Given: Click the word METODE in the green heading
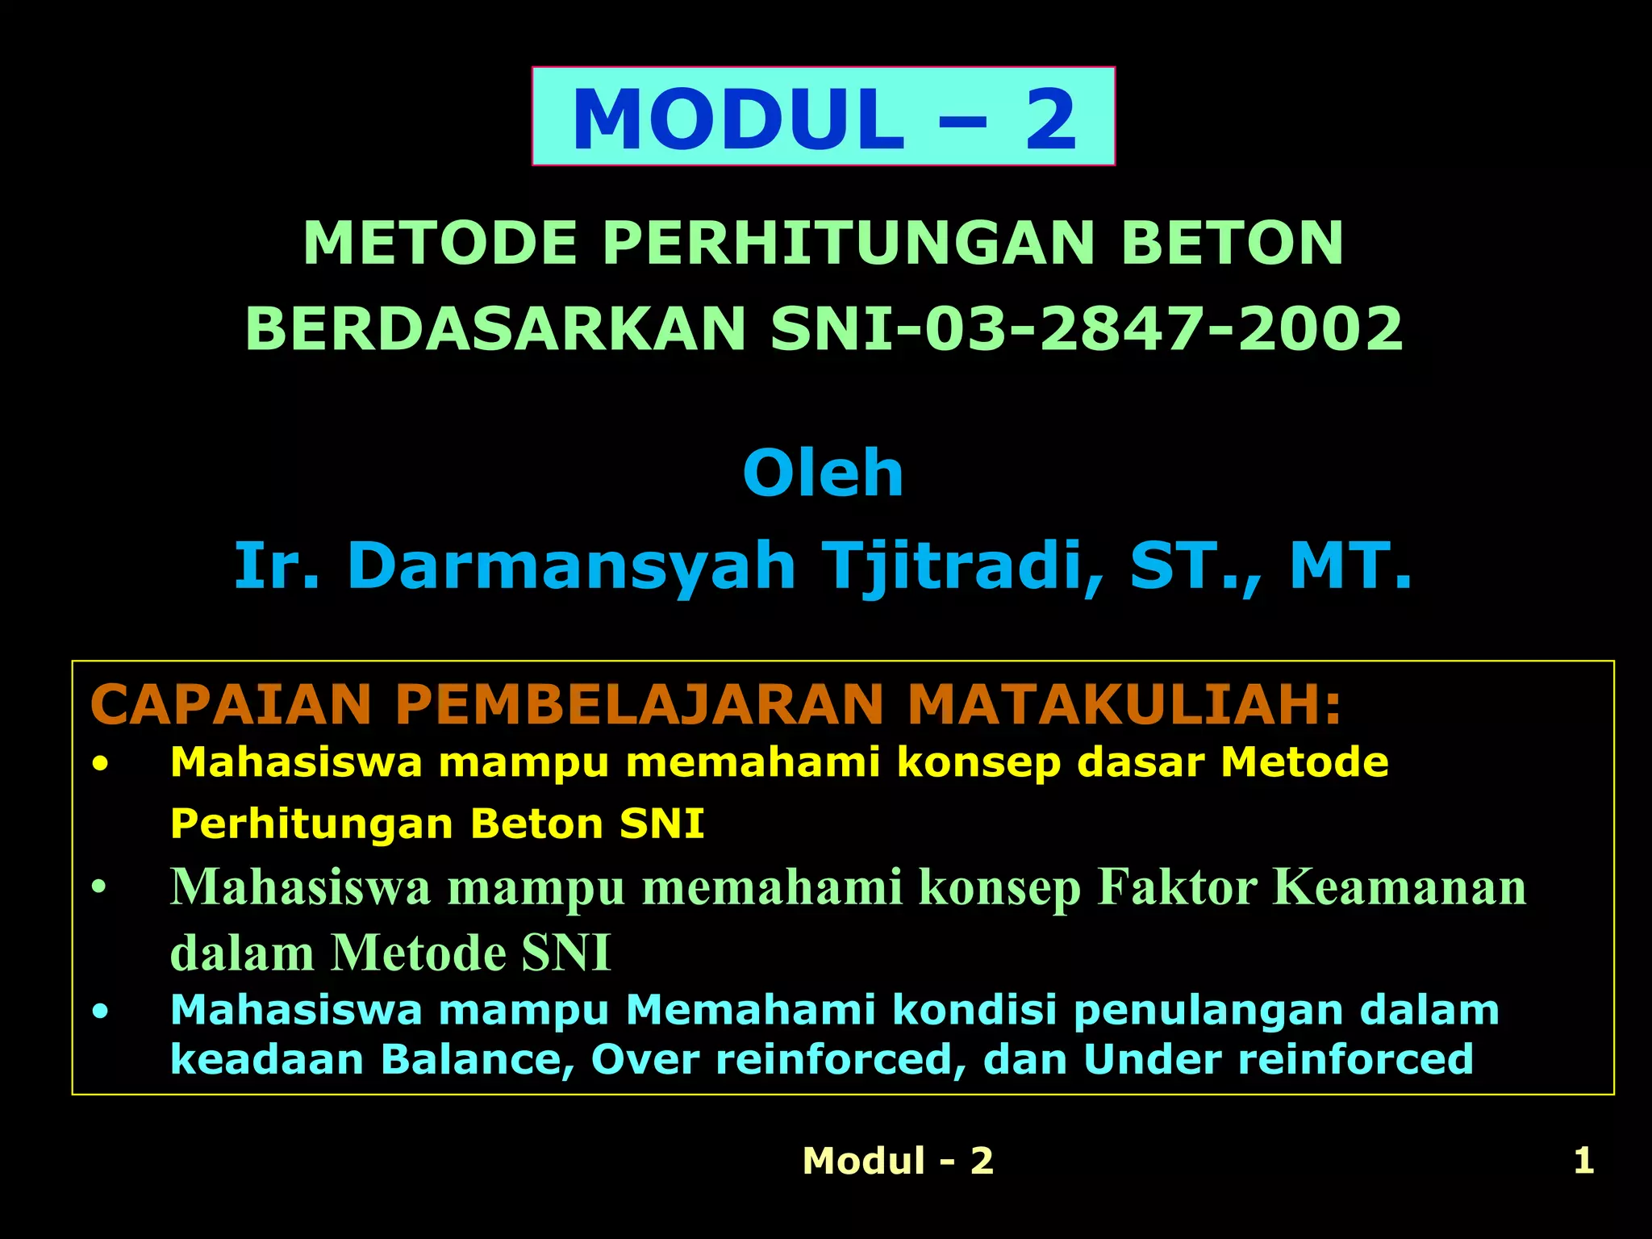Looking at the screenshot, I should [x=440, y=243].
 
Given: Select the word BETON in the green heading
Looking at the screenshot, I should [x=1232, y=243].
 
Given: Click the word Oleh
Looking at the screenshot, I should [x=823, y=473].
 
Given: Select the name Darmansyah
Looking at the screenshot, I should [x=572, y=566].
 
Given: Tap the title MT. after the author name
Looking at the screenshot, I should [x=1351, y=566].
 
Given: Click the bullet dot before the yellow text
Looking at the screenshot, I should [x=99, y=763].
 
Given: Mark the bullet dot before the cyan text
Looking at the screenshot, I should [x=99, y=1011].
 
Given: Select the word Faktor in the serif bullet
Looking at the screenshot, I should [x=1177, y=887].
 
